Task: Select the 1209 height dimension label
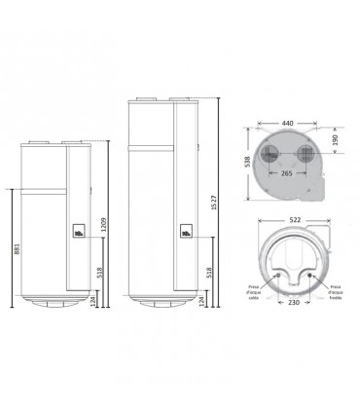point(102,230)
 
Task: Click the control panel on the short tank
point(77,235)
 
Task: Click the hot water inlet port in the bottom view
point(276,277)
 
